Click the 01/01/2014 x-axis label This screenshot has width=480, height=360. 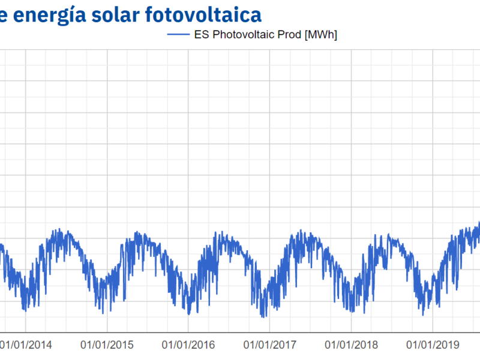(x=25, y=345)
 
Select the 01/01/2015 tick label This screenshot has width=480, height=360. (x=107, y=345)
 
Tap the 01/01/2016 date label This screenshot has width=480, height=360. (x=188, y=345)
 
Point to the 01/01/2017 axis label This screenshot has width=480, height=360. (x=270, y=345)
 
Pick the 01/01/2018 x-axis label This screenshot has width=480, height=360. (x=352, y=345)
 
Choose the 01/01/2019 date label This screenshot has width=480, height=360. (x=433, y=345)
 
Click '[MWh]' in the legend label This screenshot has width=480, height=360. (x=320, y=35)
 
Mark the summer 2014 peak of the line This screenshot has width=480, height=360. (x=58, y=230)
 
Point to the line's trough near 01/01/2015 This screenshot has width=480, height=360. (x=103, y=313)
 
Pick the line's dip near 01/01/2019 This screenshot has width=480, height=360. (x=423, y=314)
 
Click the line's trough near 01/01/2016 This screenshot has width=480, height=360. (x=188, y=313)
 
